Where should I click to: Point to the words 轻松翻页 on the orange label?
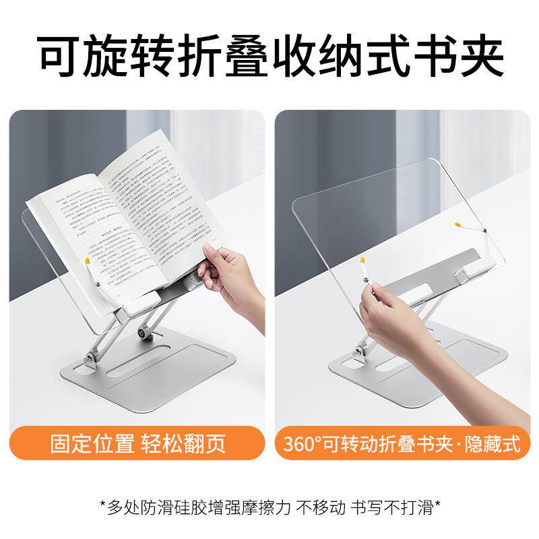click(x=183, y=445)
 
